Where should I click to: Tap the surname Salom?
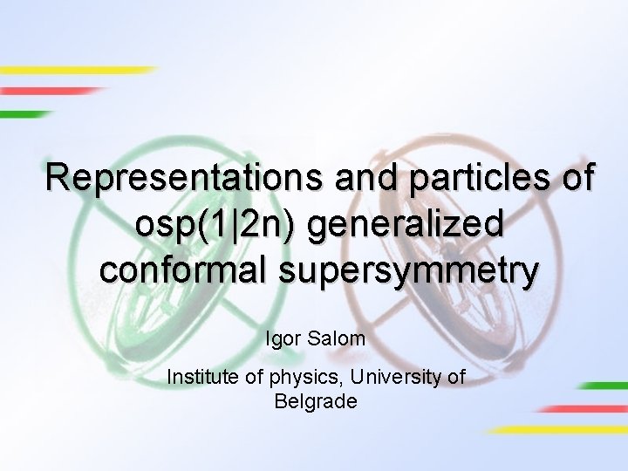point(337,338)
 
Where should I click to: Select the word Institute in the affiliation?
point(201,378)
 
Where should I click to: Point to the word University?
point(392,378)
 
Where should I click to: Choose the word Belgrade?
point(315,401)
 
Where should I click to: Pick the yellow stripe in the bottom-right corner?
point(558,429)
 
